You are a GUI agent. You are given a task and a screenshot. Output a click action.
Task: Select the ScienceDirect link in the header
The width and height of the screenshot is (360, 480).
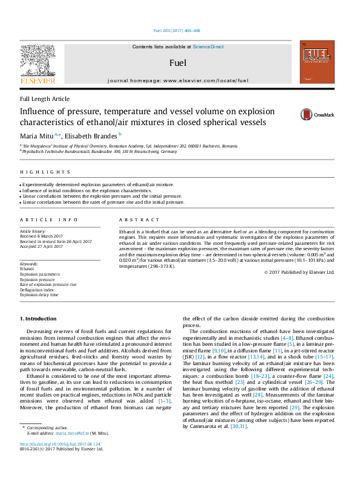(x=208, y=47)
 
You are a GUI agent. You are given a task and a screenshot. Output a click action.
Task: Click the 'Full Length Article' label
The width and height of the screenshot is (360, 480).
(x=44, y=99)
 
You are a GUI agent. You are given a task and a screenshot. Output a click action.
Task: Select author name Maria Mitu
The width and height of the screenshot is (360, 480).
(x=37, y=136)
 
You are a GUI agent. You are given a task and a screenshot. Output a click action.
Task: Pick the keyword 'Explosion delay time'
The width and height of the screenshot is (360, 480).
(x=39, y=295)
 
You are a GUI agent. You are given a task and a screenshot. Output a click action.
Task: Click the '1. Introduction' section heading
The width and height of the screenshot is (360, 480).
(x=38, y=317)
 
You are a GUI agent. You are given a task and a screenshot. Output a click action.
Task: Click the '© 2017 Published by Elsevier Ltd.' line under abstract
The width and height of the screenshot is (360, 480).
(x=299, y=272)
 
